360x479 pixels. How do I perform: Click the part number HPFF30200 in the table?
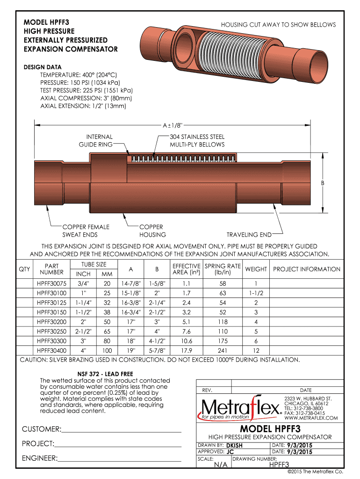[x=51, y=322]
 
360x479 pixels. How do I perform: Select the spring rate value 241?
[x=223, y=350]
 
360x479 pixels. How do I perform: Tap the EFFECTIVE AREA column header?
[x=187, y=269]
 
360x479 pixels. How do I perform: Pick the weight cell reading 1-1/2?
[x=256, y=293]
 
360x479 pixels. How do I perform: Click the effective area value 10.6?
[x=187, y=341]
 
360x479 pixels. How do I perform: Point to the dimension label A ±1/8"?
[x=172, y=125]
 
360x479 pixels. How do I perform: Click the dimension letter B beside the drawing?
[x=322, y=183]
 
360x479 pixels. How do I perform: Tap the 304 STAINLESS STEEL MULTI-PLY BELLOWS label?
[x=197, y=141]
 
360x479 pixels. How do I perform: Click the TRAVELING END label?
[x=249, y=234]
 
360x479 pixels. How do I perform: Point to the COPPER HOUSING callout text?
[x=152, y=231]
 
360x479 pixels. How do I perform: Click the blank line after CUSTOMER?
[x=121, y=429]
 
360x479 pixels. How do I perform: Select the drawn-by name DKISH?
[x=234, y=446]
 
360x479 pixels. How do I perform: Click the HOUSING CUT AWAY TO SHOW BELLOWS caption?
[x=278, y=25]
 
